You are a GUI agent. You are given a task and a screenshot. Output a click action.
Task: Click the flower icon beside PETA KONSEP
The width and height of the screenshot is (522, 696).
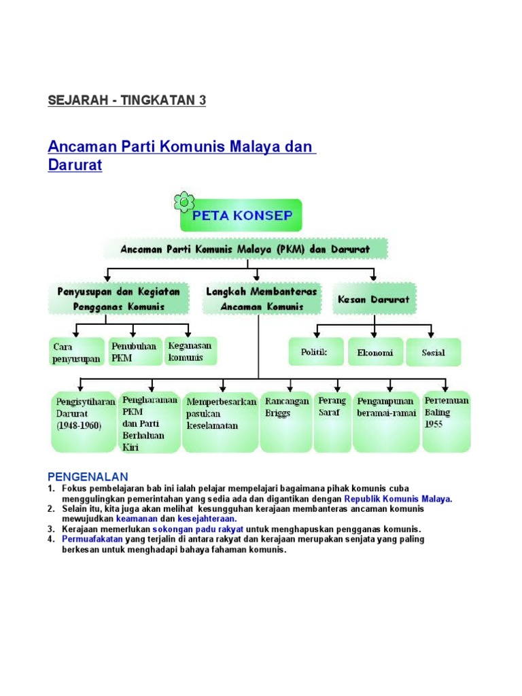[x=184, y=202]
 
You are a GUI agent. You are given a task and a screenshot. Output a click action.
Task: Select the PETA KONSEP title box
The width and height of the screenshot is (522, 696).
[x=242, y=215]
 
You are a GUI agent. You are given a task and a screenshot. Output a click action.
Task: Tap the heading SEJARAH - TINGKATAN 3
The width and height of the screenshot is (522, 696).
[x=126, y=101]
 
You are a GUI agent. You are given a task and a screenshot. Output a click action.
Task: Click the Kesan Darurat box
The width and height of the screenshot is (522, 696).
[x=374, y=299]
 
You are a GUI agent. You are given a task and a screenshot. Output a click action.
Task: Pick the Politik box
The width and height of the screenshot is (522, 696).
[x=314, y=352]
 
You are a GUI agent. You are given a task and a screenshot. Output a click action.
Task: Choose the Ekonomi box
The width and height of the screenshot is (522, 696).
[x=375, y=353]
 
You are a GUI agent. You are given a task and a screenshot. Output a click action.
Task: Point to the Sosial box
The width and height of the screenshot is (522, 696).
[x=433, y=353]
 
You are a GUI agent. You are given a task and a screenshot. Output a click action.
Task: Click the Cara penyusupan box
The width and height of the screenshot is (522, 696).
[x=76, y=352]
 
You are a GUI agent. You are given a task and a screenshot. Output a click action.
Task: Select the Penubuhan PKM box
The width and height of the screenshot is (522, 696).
[x=135, y=351]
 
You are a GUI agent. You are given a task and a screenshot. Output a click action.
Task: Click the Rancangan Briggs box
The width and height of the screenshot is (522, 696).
[x=286, y=421]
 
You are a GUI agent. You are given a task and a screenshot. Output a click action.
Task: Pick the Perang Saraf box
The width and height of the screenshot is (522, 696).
[x=332, y=421]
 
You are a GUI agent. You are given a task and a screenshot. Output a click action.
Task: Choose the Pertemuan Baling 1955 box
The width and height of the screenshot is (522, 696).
[x=446, y=421]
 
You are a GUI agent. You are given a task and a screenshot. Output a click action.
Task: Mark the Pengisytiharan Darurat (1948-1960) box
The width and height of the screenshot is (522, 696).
[x=84, y=421]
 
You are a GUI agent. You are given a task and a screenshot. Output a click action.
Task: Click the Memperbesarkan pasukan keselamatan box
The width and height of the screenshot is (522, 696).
[x=220, y=421]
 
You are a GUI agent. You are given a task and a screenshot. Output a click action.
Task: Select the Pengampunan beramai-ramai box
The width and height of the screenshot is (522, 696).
[x=385, y=421]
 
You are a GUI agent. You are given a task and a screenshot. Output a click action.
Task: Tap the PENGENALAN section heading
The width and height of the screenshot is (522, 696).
[x=88, y=476]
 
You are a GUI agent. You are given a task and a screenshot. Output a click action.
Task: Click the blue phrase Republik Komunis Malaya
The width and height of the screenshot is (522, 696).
[x=399, y=498]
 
